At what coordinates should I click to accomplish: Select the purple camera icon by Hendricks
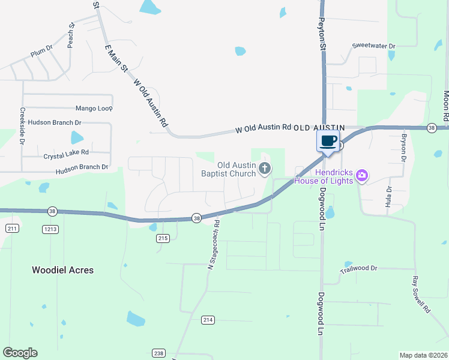[361, 176]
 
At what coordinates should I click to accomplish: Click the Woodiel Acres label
[62, 270]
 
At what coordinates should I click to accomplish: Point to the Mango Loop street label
[94, 109]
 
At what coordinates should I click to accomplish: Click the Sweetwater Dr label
[374, 46]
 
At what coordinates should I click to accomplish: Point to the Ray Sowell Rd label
[421, 295]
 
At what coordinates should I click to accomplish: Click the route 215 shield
[163, 238]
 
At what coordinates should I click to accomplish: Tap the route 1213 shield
[50, 229]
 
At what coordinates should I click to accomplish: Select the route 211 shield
[12, 229]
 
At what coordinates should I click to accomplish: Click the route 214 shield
[208, 320]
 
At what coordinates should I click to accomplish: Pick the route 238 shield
[158, 353]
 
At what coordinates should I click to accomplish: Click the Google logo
[20, 353]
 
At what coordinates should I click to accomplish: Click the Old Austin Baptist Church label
[236, 169]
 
